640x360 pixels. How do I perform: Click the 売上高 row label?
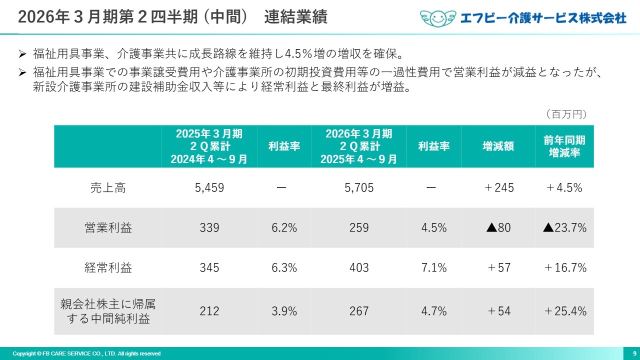coord(108,188)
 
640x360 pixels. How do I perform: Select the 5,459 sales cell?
coord(209,188)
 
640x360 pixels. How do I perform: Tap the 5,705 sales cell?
coord(359,188)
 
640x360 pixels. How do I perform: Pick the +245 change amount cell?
coord(498,188)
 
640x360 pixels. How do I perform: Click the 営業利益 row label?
coord(108,228)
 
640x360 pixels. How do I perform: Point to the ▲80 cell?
coord(498,228)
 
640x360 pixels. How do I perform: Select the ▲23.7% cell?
coord(564,228)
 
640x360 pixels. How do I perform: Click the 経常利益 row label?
coord(108,267)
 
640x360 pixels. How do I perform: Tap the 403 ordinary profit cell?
coord(359,267)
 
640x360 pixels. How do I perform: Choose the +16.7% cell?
coord(564,267)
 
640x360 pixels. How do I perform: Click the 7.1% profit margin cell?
coord(433,267)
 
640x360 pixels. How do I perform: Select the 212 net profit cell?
coord(209,311)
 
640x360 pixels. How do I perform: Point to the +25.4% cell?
coord(564,311)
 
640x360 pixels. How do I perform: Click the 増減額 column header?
coord(498,146)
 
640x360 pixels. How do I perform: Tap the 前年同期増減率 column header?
coord(564,146)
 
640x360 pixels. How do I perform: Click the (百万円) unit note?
coord(566,114)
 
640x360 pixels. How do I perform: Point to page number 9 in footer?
coord(634,353)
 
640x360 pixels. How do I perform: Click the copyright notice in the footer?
coord(86,353)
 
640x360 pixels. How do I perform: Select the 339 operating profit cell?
coord(209,228)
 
